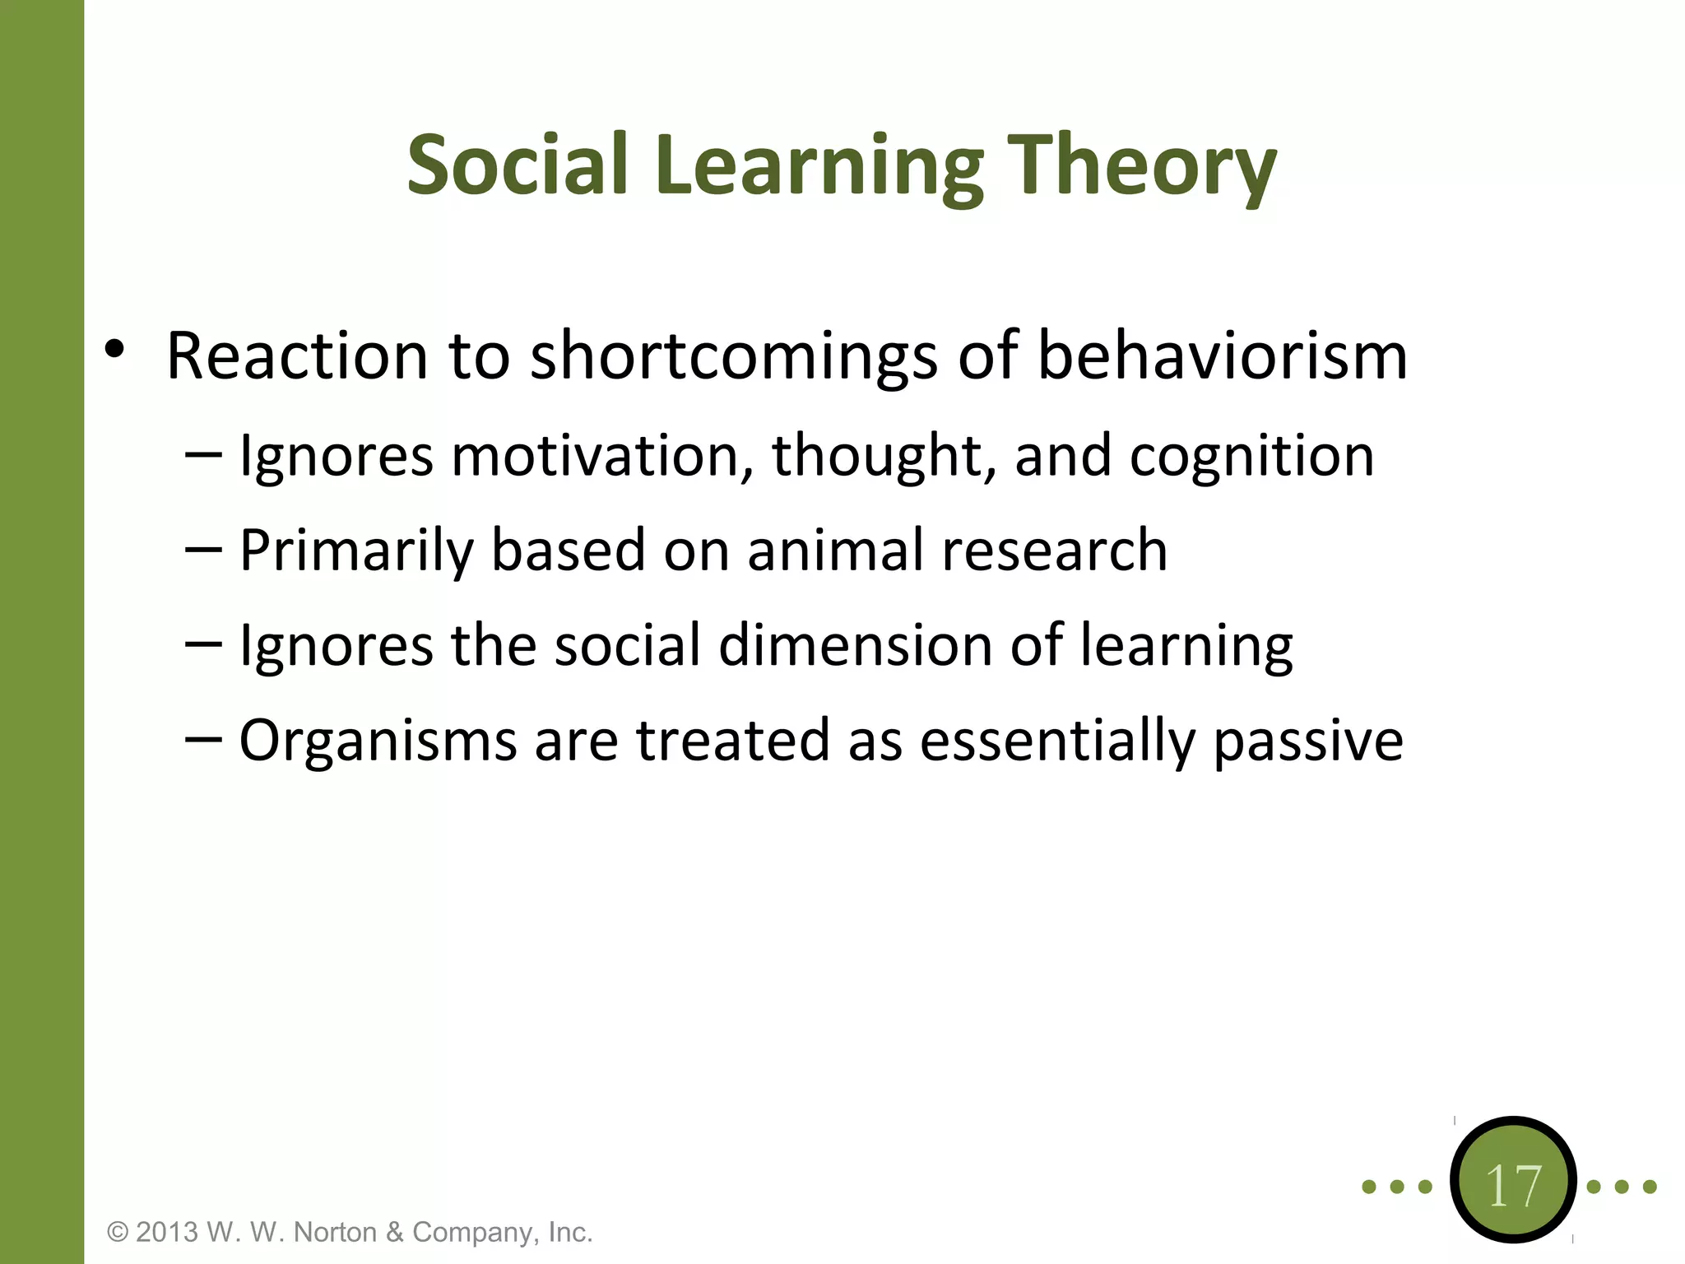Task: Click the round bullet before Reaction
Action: (x=114, y=350)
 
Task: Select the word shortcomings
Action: (x=733, y=357)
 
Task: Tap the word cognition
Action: (x=1251, y=457)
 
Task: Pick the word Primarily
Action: (x=355, y=551)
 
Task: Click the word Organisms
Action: (x=378, y=740)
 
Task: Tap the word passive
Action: (x=1308, y=740)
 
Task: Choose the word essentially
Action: (x=1057, y=740)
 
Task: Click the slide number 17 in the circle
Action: (x=1513, y=1186)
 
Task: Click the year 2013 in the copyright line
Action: (x=168, y=1232)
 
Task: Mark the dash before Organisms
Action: (x=203, y=739)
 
